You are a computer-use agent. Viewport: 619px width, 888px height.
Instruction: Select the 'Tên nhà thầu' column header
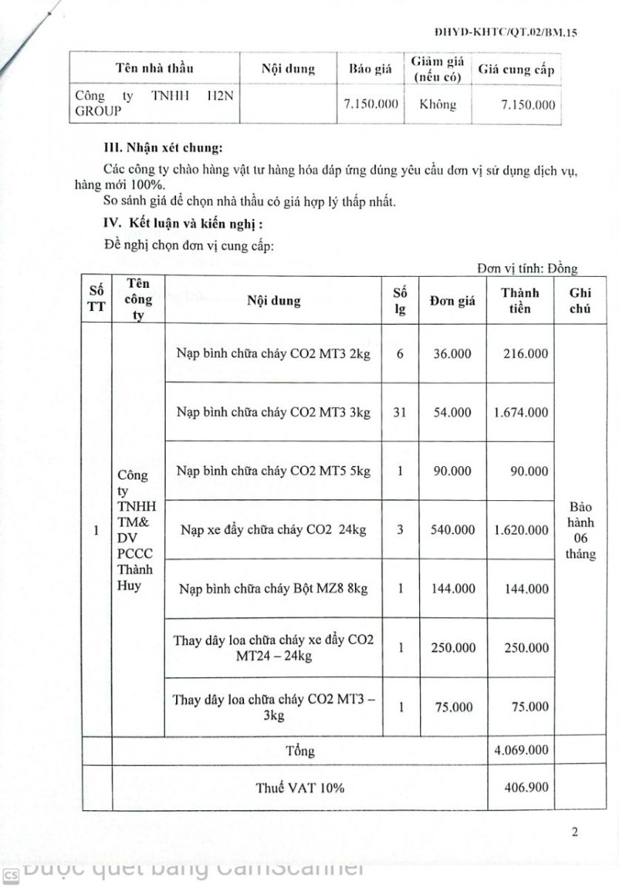[x=155, y=69]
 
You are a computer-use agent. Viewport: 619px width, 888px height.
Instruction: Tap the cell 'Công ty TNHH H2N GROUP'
[x=155, y=104]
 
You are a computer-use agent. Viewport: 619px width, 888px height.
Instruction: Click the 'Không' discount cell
[x=438, y=104]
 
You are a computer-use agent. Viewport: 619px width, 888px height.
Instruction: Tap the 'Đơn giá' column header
[x=452, y=301]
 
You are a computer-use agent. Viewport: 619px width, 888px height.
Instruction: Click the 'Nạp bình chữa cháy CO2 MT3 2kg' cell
[x=274, y=354]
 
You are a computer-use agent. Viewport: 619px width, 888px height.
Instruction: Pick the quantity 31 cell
[x=400, y=412]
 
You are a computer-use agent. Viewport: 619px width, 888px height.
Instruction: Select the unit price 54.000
[x=452, y=412]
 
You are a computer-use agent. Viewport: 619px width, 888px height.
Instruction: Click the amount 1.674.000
[x=521, y=412]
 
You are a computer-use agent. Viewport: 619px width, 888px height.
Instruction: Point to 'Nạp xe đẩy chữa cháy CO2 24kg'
[x=274, y=530]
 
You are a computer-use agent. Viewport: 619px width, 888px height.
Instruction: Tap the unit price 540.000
[x=452, y=530]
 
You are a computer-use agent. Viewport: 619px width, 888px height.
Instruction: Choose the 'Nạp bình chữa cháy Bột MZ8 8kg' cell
[x=274, y=589]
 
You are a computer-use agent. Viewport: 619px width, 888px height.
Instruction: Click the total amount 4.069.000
[x=521, y=750]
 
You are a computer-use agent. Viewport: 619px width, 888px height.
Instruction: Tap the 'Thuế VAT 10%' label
[x=300, y=787]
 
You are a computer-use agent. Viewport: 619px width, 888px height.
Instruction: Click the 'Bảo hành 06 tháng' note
[x=581, y=531]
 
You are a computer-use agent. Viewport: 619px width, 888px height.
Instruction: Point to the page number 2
[x=575, y=832]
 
